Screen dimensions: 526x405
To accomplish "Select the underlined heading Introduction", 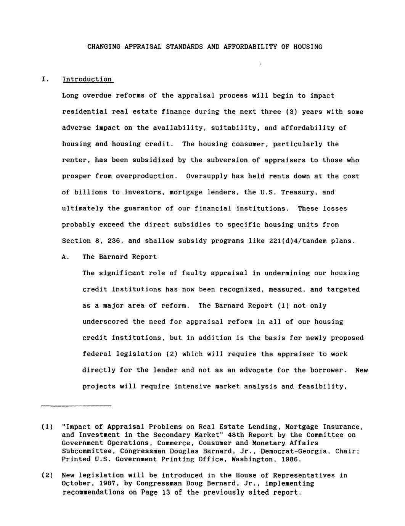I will click(87, 79).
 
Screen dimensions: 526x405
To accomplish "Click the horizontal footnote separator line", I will click(76, 406).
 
